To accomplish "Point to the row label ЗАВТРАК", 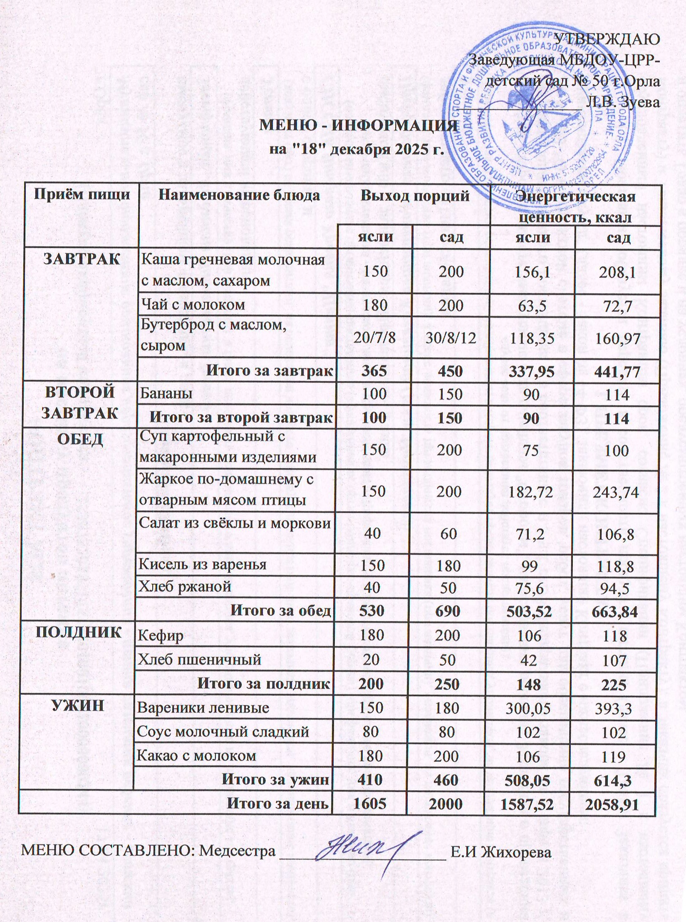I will click(x=82, y=260).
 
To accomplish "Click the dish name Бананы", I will click(x=166, y=393).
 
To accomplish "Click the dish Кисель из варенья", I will click(x=202, y=565).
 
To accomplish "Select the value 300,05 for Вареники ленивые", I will click(x=528, y=708).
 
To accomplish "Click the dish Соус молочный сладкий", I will click(x=223, y=732).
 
